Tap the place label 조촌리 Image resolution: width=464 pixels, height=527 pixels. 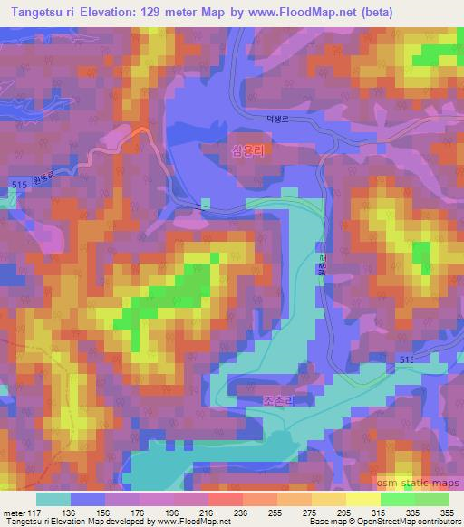click(x=258, y=398)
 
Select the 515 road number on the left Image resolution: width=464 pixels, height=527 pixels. click(x=20, y=185)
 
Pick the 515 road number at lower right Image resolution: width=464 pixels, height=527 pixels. click(x=408, y=360)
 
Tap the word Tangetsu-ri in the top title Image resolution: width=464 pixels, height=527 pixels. click(x=40, y=13)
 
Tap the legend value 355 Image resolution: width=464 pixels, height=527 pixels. click(x=448, y=511)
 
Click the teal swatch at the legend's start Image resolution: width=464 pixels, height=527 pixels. click(x=53, y=498)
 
